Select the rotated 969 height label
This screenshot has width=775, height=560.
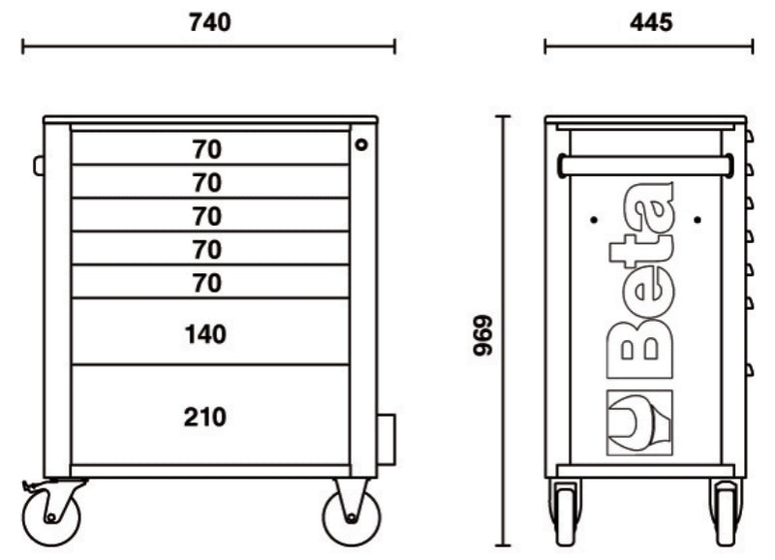[482, 335]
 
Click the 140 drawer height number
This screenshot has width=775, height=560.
[204, 334]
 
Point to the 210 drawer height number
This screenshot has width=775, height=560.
[204, 418]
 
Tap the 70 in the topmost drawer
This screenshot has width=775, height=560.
[206, 149]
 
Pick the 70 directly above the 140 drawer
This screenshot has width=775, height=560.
[206, 283]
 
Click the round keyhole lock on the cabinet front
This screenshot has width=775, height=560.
[361, 144]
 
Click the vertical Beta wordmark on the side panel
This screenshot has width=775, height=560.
[640, 281]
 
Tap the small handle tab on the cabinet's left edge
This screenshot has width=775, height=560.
[39, 166]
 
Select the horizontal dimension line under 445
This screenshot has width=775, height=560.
[649, 45]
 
